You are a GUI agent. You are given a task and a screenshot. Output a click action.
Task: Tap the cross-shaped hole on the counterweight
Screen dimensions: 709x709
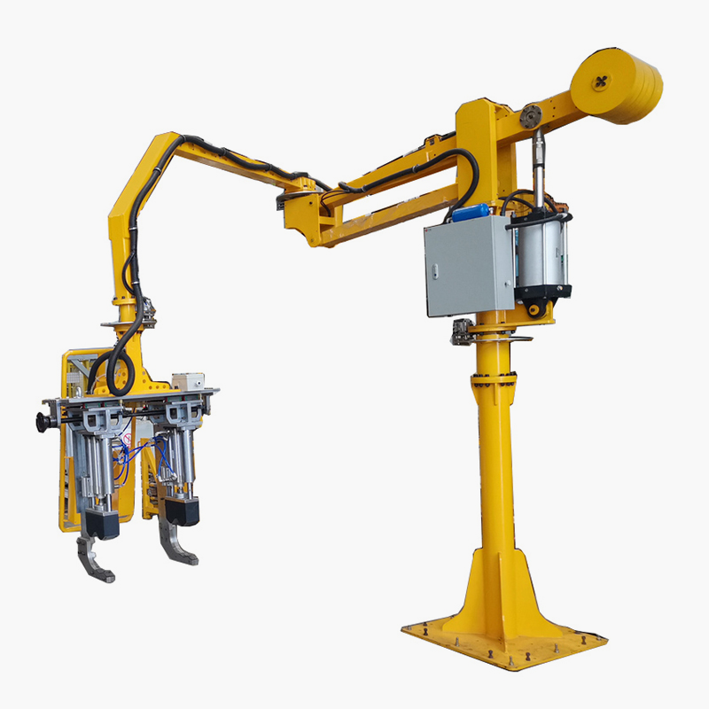coord(602,82)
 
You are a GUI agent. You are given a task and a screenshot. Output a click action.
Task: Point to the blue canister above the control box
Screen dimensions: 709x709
coord(471,213)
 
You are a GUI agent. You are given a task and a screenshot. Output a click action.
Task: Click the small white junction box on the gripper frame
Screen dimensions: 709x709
coord(188,381)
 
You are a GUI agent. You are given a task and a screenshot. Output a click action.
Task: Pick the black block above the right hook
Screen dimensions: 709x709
coord(182,510)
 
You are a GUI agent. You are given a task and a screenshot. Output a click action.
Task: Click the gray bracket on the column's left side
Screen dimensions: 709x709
coord(462,332)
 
